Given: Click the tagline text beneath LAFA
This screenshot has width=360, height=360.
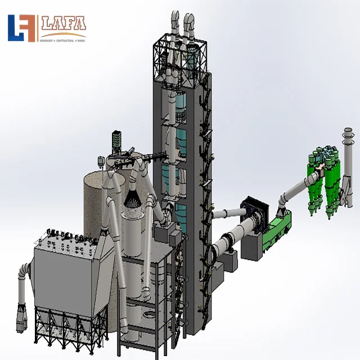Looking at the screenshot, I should tap(62, 40).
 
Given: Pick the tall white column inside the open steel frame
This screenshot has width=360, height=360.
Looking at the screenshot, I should tap(135, 264).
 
